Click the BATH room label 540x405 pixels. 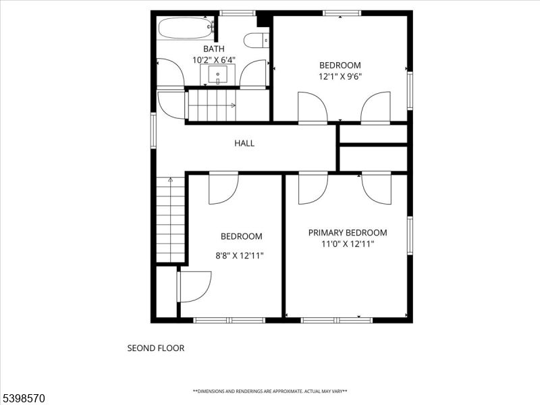pos(215,49)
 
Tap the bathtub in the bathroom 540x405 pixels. pos(186,28)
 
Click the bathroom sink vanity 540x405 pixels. pos(217,74)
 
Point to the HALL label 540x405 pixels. pos(244,143)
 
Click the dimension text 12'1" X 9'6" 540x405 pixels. pos(340,76)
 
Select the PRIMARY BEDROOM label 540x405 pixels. pos(348,233)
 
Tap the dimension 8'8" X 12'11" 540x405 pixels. pos(240,256)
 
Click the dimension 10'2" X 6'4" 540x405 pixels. pos(215,60)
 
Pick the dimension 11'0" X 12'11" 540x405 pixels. pos(348,244)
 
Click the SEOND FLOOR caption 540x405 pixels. pos(156,348)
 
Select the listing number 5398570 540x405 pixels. pos(23,398)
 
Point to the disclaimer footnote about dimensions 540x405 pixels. pos(270,391)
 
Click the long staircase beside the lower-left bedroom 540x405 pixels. pos(171,219)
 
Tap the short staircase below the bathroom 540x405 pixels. pos(211,105)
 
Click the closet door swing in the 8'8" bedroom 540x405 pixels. pos(194,286)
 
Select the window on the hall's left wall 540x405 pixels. pos(153,130)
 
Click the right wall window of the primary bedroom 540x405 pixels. pos(410,236)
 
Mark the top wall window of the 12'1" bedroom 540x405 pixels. pos(342,13)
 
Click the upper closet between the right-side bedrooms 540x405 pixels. pos(373,134)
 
